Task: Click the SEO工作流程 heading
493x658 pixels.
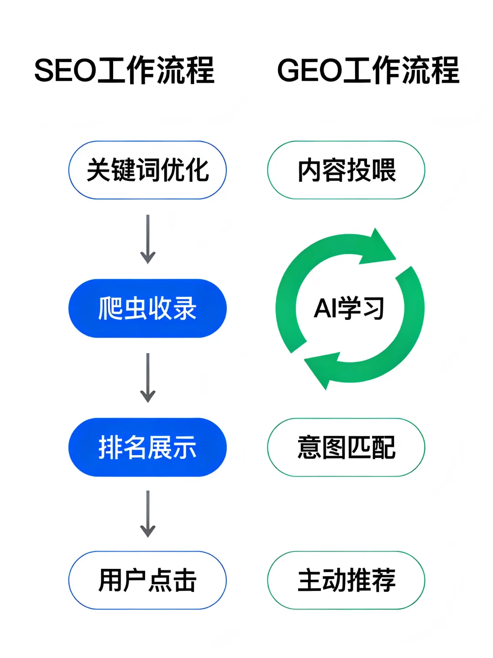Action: click(124, 70)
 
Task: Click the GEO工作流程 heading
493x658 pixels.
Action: click(368, 70)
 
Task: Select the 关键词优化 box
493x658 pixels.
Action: click(147, 170)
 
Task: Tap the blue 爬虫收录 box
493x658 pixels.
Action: click(147, 308)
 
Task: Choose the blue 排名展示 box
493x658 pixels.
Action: click(147, 447)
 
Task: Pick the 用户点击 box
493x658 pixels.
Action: click(147, 580)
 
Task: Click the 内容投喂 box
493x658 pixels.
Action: click(346, 170)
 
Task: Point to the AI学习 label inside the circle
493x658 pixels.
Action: click(349, 308)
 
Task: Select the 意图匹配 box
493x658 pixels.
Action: click(346, 447)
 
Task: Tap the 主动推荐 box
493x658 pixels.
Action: click(346, 580)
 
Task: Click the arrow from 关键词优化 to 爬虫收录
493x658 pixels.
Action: click(147, 239)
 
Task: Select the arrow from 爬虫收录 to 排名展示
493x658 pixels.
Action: click(147, 377)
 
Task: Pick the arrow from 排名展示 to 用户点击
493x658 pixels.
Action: click(147, 514)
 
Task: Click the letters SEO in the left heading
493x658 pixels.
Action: click(65, 71)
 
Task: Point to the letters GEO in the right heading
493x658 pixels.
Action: click(309, 71)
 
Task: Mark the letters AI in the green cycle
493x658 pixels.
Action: click(325, 308)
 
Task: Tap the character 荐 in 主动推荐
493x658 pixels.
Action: click(383, 580)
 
